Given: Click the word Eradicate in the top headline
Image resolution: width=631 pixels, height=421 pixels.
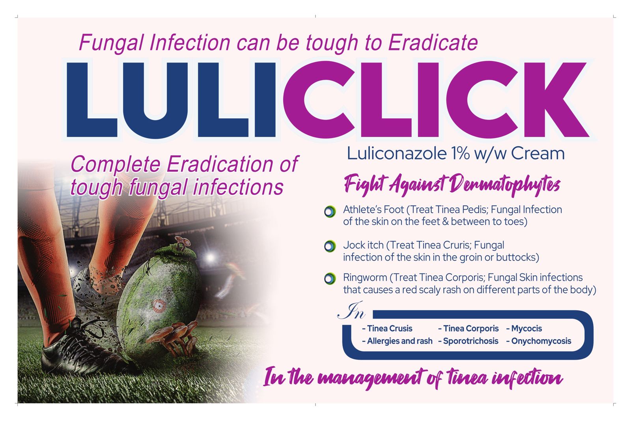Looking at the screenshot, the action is (433, 43).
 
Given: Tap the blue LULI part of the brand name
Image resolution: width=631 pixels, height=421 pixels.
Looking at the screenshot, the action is (171, 100).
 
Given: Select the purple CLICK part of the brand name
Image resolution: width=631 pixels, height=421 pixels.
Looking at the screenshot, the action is (435, 100).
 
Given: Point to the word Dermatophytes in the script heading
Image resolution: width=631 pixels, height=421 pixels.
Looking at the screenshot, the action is (504, 185).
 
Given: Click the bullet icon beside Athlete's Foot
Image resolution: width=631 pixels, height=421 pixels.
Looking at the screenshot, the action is (330, 212).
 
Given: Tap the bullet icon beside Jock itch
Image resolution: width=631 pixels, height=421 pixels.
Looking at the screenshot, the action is (330, 246).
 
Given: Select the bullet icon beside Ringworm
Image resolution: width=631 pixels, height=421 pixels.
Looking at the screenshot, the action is (330, 279).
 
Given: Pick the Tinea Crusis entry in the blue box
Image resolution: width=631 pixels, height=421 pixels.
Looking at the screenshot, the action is (387, 329).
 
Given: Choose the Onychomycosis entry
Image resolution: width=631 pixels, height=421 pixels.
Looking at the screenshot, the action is (539, 341).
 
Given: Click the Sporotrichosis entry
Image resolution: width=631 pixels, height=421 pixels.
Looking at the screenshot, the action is (468, 341).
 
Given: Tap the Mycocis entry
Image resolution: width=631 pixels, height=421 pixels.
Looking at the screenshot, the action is (524, 329).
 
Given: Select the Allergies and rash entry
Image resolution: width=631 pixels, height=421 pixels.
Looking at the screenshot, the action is (397, 341).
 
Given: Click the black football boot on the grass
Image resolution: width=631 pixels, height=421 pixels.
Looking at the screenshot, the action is (82, 350).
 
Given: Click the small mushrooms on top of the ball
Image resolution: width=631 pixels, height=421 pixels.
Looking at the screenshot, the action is (182, 243).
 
